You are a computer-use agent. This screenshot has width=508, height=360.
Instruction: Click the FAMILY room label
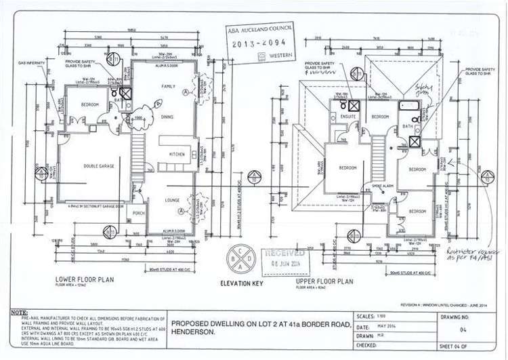click(x=168, y=87)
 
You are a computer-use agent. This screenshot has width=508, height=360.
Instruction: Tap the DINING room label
click(x=167, y=117)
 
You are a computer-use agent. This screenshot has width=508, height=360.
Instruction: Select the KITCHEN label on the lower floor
click(x=176, y=155)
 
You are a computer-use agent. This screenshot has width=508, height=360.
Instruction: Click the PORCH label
click(x=139, y=213)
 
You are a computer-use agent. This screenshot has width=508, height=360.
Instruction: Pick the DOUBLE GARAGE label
click(x=98, y=165)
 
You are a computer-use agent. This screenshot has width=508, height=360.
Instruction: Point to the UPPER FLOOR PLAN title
click(x=324, y=280)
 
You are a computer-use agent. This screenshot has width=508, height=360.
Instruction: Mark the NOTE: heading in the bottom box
click(x=20, y=313)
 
